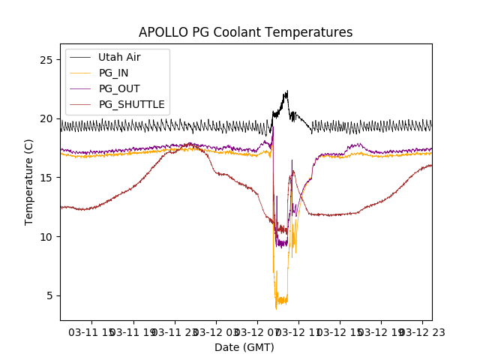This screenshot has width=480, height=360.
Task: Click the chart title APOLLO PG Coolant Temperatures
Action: (245, 32)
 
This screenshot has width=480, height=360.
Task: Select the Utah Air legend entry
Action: (119, 57)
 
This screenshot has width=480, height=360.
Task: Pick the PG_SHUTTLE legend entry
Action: (131, 104)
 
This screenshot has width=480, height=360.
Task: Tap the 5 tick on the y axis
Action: (49, 295)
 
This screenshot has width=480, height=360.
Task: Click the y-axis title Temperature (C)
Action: (29, 181)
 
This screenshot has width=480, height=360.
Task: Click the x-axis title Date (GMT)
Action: (244, 347)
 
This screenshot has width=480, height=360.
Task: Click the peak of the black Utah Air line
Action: (286, 91)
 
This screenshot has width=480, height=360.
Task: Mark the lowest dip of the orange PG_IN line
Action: (276, 308)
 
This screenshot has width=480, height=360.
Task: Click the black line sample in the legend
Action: (81, 57)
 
